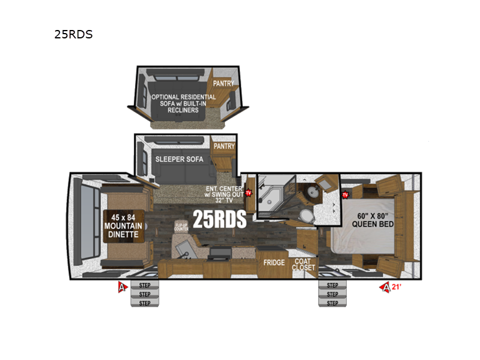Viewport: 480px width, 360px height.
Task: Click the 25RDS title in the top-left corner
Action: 73,34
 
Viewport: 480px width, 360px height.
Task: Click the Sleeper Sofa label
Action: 179,159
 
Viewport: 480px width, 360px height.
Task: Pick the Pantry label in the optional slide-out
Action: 223,84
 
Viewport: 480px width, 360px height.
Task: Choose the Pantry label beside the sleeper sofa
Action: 223,146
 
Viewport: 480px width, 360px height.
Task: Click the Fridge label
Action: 274,262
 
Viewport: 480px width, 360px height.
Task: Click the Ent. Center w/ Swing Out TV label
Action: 223,193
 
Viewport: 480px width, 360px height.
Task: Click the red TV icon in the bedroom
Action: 345,195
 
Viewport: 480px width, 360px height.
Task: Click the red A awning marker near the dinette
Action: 122,286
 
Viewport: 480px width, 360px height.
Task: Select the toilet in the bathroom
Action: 305,216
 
